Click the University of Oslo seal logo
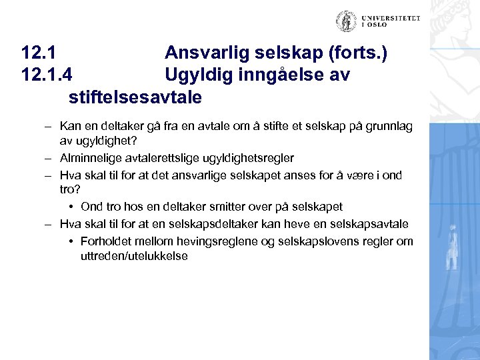click(346, 21)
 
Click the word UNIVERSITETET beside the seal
click(391, 19)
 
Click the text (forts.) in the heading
click(354, 53)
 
